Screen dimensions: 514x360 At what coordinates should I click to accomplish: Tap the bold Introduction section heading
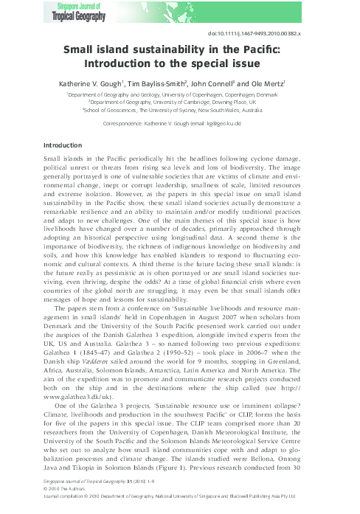coord(63,145)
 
